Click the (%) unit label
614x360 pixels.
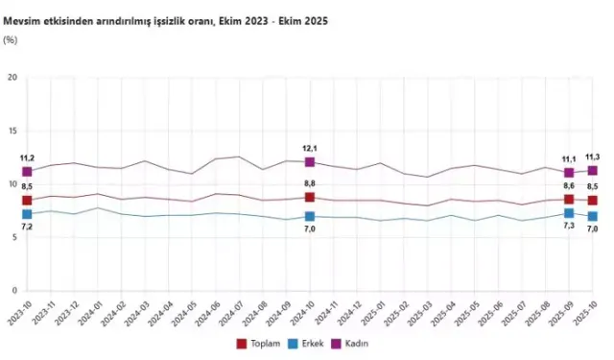click(x=11, y=39)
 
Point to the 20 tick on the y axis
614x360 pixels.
click(x=12, y=78)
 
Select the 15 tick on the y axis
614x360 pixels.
click(x=12, y=132)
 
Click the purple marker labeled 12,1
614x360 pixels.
click(x=310, y=162)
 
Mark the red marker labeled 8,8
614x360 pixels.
click(x=310, y=197)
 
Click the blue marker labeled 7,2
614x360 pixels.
click(x=27, y=214)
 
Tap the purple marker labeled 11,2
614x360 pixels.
click(x=27, y=172)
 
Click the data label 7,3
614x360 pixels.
click(x=569, y=228)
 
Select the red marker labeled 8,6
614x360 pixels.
click(x=569, y=200)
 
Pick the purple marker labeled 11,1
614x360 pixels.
click(x=569, y=173)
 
